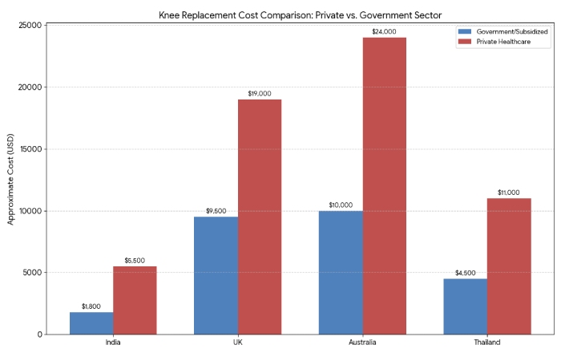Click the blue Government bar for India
point(91,322)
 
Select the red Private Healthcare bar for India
point(135,300)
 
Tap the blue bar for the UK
point(216,275)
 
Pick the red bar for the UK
point(260,217)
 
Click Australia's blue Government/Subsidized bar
point(341,272)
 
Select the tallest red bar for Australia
point(385,185)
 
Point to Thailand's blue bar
point(465,306)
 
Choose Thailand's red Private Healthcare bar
point(509,266)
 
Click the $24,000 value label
point(385,31)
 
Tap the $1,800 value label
point(91,306)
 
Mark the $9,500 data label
point(216,211)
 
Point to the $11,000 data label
point(509,193)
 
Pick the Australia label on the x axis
point(362,343)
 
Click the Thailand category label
point(486,343)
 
